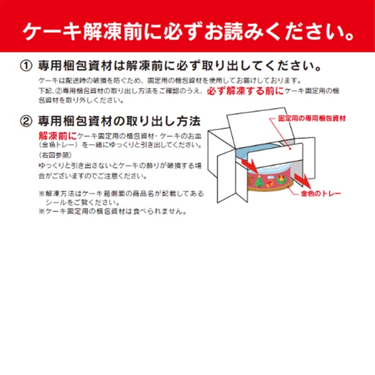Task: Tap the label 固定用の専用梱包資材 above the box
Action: pos(312,119)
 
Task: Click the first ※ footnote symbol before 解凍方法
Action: pos(41,193)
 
